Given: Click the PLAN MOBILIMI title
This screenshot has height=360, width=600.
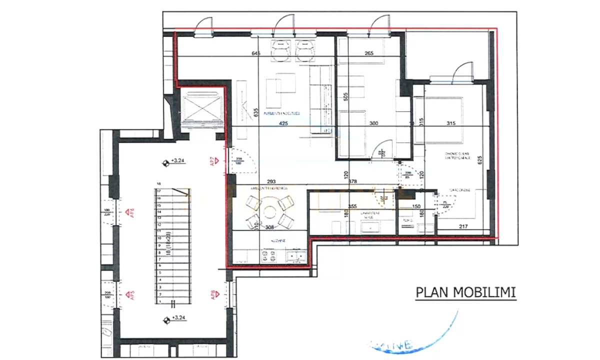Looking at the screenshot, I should (x=465, y=292).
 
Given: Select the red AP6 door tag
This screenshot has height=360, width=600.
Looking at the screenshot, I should (x=131, y=213).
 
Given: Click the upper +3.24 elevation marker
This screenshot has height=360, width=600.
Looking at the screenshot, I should (x=165, y=161).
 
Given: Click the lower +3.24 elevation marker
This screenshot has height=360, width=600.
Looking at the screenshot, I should (x=165, y=318).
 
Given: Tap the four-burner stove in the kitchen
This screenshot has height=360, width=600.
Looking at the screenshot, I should (x=269, y=256).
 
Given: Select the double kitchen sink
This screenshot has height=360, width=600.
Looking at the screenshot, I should (x=296, y=256).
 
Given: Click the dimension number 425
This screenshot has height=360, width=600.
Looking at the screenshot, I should (x=283, y=122).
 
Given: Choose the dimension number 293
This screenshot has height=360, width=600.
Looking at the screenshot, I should (x=272, y=181).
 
